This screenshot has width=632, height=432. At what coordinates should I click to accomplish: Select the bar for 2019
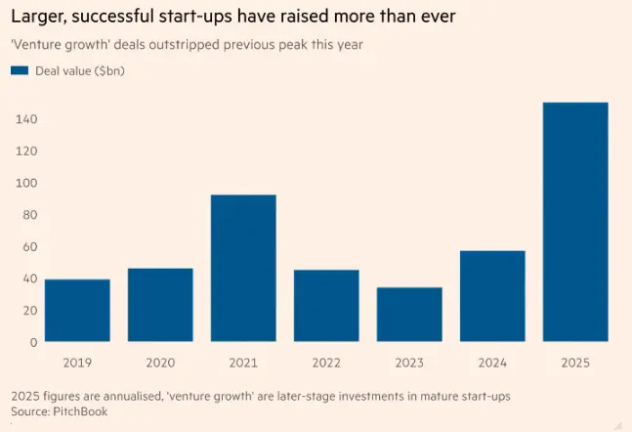77,311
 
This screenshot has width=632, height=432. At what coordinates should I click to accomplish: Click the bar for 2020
160,305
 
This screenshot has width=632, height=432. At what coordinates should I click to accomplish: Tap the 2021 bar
243,269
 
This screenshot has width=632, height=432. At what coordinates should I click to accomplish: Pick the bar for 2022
326,306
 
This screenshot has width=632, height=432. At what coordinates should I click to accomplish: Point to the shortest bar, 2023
409,315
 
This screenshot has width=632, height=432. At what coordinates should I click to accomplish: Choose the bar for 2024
492,296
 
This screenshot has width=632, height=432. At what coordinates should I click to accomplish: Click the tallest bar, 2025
575,222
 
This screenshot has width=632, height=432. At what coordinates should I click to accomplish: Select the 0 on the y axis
32,342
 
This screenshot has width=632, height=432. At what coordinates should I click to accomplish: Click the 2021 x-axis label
243,362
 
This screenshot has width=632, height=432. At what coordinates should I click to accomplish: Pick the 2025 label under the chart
575,362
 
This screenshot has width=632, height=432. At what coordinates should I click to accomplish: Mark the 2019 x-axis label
77,362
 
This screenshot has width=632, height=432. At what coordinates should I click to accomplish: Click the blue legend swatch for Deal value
20,70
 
